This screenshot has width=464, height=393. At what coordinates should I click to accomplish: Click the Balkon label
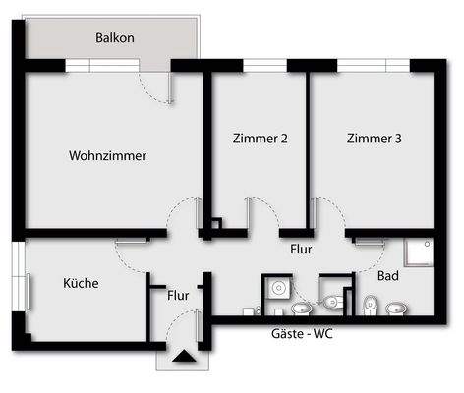click(115, 38)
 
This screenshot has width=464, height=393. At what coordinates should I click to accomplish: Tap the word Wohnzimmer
click(108, 155)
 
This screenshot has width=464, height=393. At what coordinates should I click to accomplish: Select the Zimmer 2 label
click(261, 139)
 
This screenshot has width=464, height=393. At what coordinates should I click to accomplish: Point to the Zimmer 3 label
click(375, 139)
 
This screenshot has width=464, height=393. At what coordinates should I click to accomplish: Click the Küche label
click(81, 283)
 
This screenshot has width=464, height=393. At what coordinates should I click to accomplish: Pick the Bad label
click(388, 277)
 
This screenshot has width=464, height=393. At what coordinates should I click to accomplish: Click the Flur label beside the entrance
click(178, 294)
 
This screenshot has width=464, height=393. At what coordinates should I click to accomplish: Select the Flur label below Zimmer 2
click(301, 250)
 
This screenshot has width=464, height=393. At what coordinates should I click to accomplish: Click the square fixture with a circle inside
click(277, 289)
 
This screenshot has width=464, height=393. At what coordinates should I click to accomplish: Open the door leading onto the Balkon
click(157, 87)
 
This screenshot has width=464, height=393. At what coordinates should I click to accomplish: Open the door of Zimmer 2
click(258, 211)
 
